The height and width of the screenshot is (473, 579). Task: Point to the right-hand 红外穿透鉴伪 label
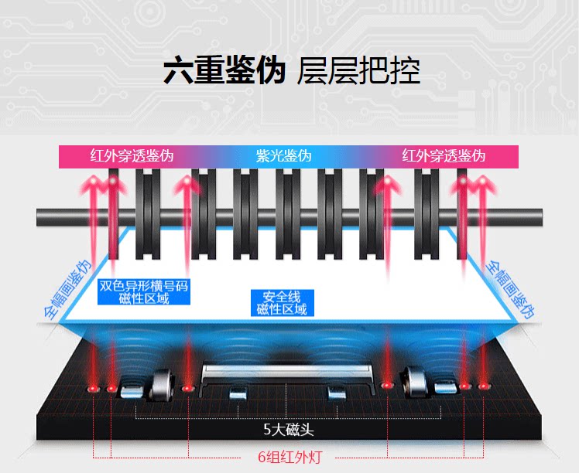(x=444, y=155)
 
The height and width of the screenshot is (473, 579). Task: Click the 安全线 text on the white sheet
(x=281, y=297)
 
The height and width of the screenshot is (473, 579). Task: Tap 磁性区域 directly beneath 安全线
(x=281, y=309)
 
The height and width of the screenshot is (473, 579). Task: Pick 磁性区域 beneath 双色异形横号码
(x=144, y=299)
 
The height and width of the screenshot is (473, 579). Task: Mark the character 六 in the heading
(x=177, y=70)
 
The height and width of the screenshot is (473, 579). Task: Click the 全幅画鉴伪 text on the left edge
(x=65, y=290)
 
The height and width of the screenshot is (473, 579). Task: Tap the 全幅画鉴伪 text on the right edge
(x=510, y=290)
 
